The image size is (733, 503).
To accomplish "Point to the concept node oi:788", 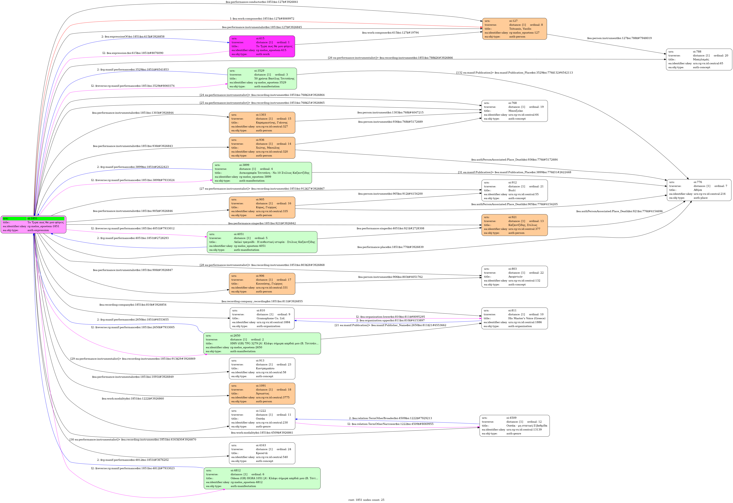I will (x=699, y=59).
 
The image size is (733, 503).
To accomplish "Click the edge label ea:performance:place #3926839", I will (x=390, y=247).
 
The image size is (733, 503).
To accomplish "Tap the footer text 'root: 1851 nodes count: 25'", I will (x=366, y=499).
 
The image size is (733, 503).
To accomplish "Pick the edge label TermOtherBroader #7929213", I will (x=390, y=418).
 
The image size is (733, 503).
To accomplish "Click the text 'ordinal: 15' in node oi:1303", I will (x=283, y=119).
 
